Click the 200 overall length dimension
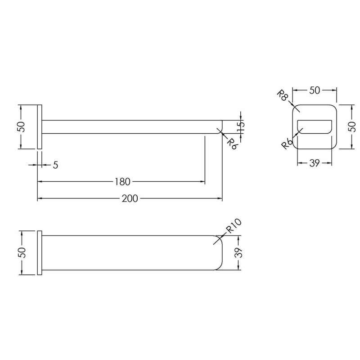tap(130, 198)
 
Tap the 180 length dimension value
tap(122, 182)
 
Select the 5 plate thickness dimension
tap(55, 165)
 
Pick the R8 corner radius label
tap(283, 95)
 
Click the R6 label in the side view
tap(231, 144)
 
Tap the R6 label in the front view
tap(287, 144)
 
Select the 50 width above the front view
tap(314, 90)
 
